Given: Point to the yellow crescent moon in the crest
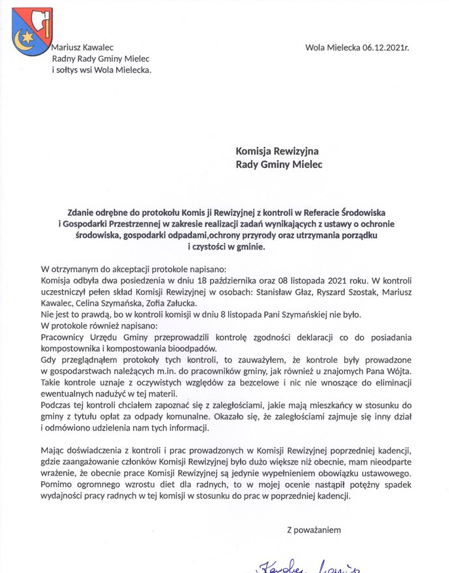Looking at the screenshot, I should [x=24, y=37].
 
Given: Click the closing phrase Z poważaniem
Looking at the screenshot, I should [x=314, y=530].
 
